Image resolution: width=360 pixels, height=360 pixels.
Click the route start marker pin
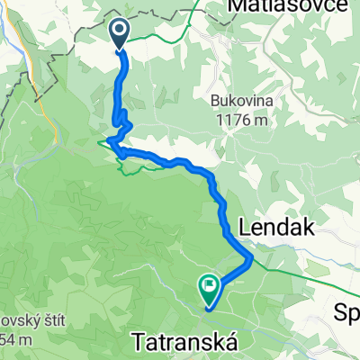tap(120, 34)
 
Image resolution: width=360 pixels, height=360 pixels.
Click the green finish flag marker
tap(210, 287)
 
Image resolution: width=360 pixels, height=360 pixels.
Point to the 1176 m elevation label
tap(239, 119)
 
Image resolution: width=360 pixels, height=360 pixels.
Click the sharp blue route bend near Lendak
tap(250, 258)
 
